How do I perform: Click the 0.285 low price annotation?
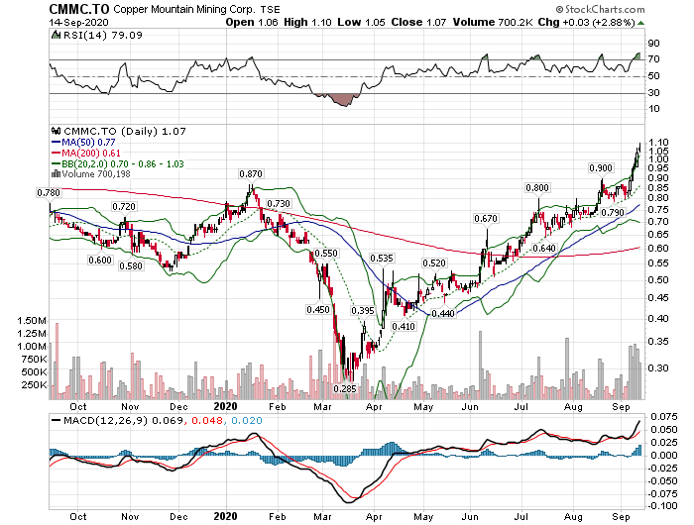[x=344, y=388]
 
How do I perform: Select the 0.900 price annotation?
[x=601, y=168]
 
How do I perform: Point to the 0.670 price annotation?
[x=485, y=218]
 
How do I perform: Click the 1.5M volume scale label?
[x=33, y=321]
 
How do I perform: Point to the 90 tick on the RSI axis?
[x=654, y=44]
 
